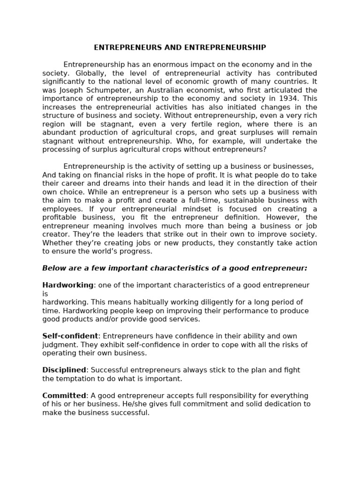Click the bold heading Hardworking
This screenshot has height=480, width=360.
click(x=68, y=285)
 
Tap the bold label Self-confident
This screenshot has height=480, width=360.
click(x=70, y=336)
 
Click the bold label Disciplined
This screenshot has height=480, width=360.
click(x=64, y=370)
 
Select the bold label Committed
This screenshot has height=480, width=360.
click(x=64, y=396)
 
